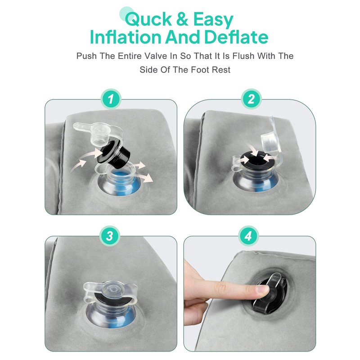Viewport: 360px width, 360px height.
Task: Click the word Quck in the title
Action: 148,19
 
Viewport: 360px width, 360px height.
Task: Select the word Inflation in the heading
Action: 126,37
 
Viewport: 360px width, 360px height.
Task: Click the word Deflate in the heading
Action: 236,37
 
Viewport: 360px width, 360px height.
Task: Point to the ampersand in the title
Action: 182,19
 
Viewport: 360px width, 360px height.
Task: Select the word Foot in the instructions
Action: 200,69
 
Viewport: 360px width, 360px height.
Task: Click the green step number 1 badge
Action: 111,99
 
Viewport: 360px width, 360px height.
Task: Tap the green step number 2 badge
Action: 251,99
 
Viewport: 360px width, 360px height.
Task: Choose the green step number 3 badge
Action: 110,236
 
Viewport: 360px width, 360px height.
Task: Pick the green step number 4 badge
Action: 249,236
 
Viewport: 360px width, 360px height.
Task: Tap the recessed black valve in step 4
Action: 270,293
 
